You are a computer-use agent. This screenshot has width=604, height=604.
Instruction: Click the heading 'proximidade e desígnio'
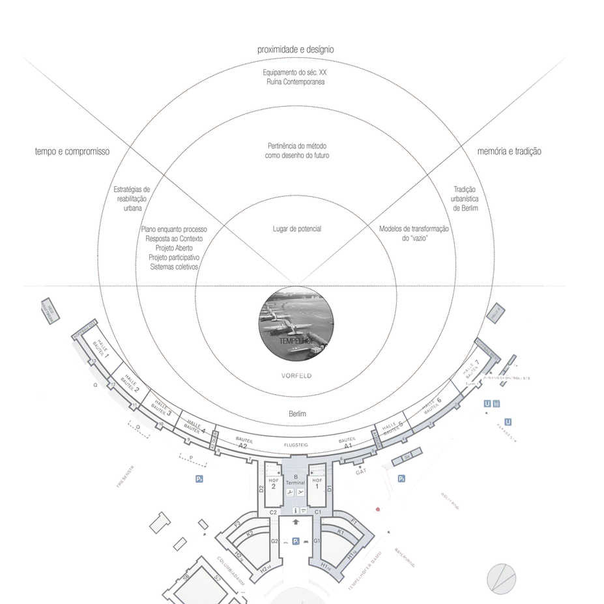(296, 50)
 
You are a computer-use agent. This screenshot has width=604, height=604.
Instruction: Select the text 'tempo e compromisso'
(72, 151)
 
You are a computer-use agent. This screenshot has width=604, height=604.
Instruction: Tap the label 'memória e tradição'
(509, 151)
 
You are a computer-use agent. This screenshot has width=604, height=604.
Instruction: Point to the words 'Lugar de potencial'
(296, 229)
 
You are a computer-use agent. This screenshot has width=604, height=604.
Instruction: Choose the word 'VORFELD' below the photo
(296, 376)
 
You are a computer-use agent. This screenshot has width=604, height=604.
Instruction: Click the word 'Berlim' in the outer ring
(297, 414)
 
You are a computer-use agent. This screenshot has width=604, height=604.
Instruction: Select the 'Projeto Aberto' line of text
(174, 248)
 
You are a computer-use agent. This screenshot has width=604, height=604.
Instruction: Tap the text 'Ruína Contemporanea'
(296, 82)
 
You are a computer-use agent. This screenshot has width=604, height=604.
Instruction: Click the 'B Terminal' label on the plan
(296, 480)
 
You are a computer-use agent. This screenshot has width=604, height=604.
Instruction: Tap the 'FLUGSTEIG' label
(296, 444)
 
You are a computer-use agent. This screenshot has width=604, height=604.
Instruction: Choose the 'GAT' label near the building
(360, 471)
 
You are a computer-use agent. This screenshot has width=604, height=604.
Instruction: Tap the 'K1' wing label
(341, 532)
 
